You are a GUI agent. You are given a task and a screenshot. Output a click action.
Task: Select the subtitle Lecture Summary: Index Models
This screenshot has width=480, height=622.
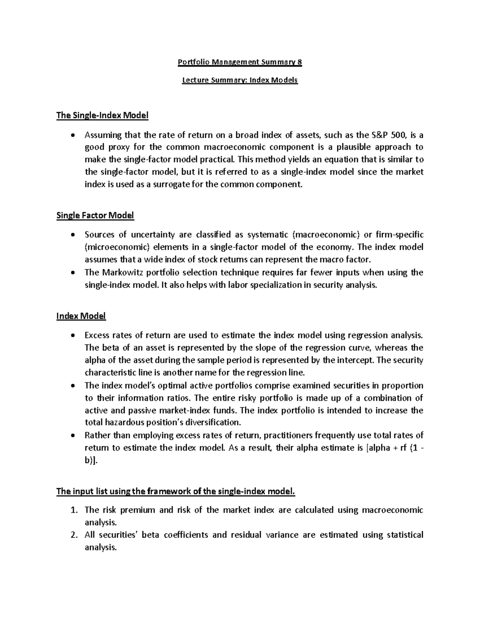click(x=240, y=80)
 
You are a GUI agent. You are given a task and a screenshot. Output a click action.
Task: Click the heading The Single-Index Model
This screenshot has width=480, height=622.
click(x=102, y=116)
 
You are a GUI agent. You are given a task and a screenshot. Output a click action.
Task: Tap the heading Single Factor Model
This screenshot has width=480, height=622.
click(x=95, y=215)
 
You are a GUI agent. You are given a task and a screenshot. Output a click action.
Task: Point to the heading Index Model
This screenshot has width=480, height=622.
click(x=81, y=316)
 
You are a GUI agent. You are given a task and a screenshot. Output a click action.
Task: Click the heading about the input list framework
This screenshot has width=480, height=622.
click(x=176, y=491)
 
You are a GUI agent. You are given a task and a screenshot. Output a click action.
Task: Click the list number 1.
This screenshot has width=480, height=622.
click(x=73, y=510)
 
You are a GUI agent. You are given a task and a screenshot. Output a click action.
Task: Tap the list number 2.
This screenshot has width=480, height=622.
click(x=73, y=535)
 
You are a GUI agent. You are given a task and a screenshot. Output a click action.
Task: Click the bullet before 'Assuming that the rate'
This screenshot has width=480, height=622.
click(x=72, y=135)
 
